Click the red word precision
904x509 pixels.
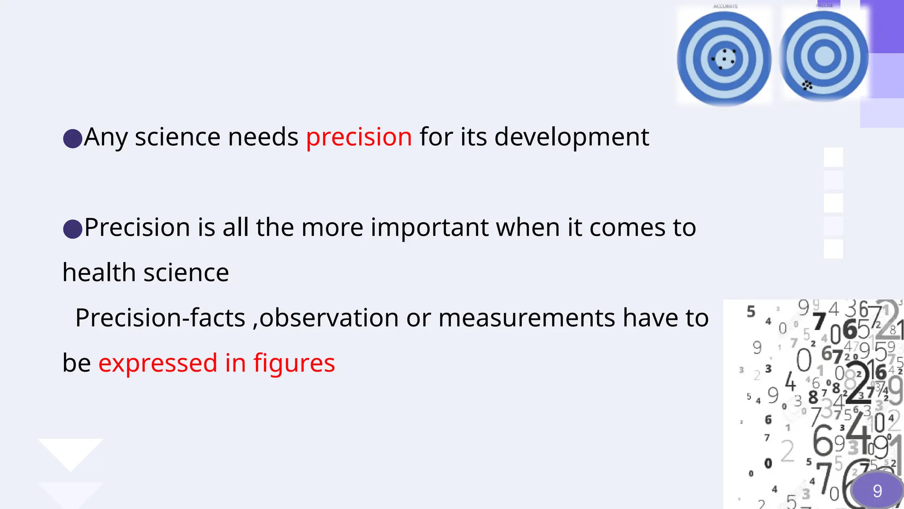(359, 137)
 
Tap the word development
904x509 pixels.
(572, 137)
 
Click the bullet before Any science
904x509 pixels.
(73, 138)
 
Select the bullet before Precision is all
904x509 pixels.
(73, 229)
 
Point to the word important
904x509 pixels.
(429, 228)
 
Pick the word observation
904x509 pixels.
(329, 318)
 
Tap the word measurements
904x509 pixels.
(527, 318)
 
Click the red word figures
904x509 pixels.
(294, 364)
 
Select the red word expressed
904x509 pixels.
(158, 364)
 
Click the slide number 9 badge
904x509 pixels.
(877, 491)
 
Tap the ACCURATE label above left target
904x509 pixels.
(725, 6)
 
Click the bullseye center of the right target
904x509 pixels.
(824, 56)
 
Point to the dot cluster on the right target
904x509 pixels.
(807, 85)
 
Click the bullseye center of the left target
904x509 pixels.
(724, 58)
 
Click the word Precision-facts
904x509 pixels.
(160, 318)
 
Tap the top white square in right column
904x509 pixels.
(833, 157)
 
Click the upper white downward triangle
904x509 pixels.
(71, 453)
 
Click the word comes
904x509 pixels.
(627, 228)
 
